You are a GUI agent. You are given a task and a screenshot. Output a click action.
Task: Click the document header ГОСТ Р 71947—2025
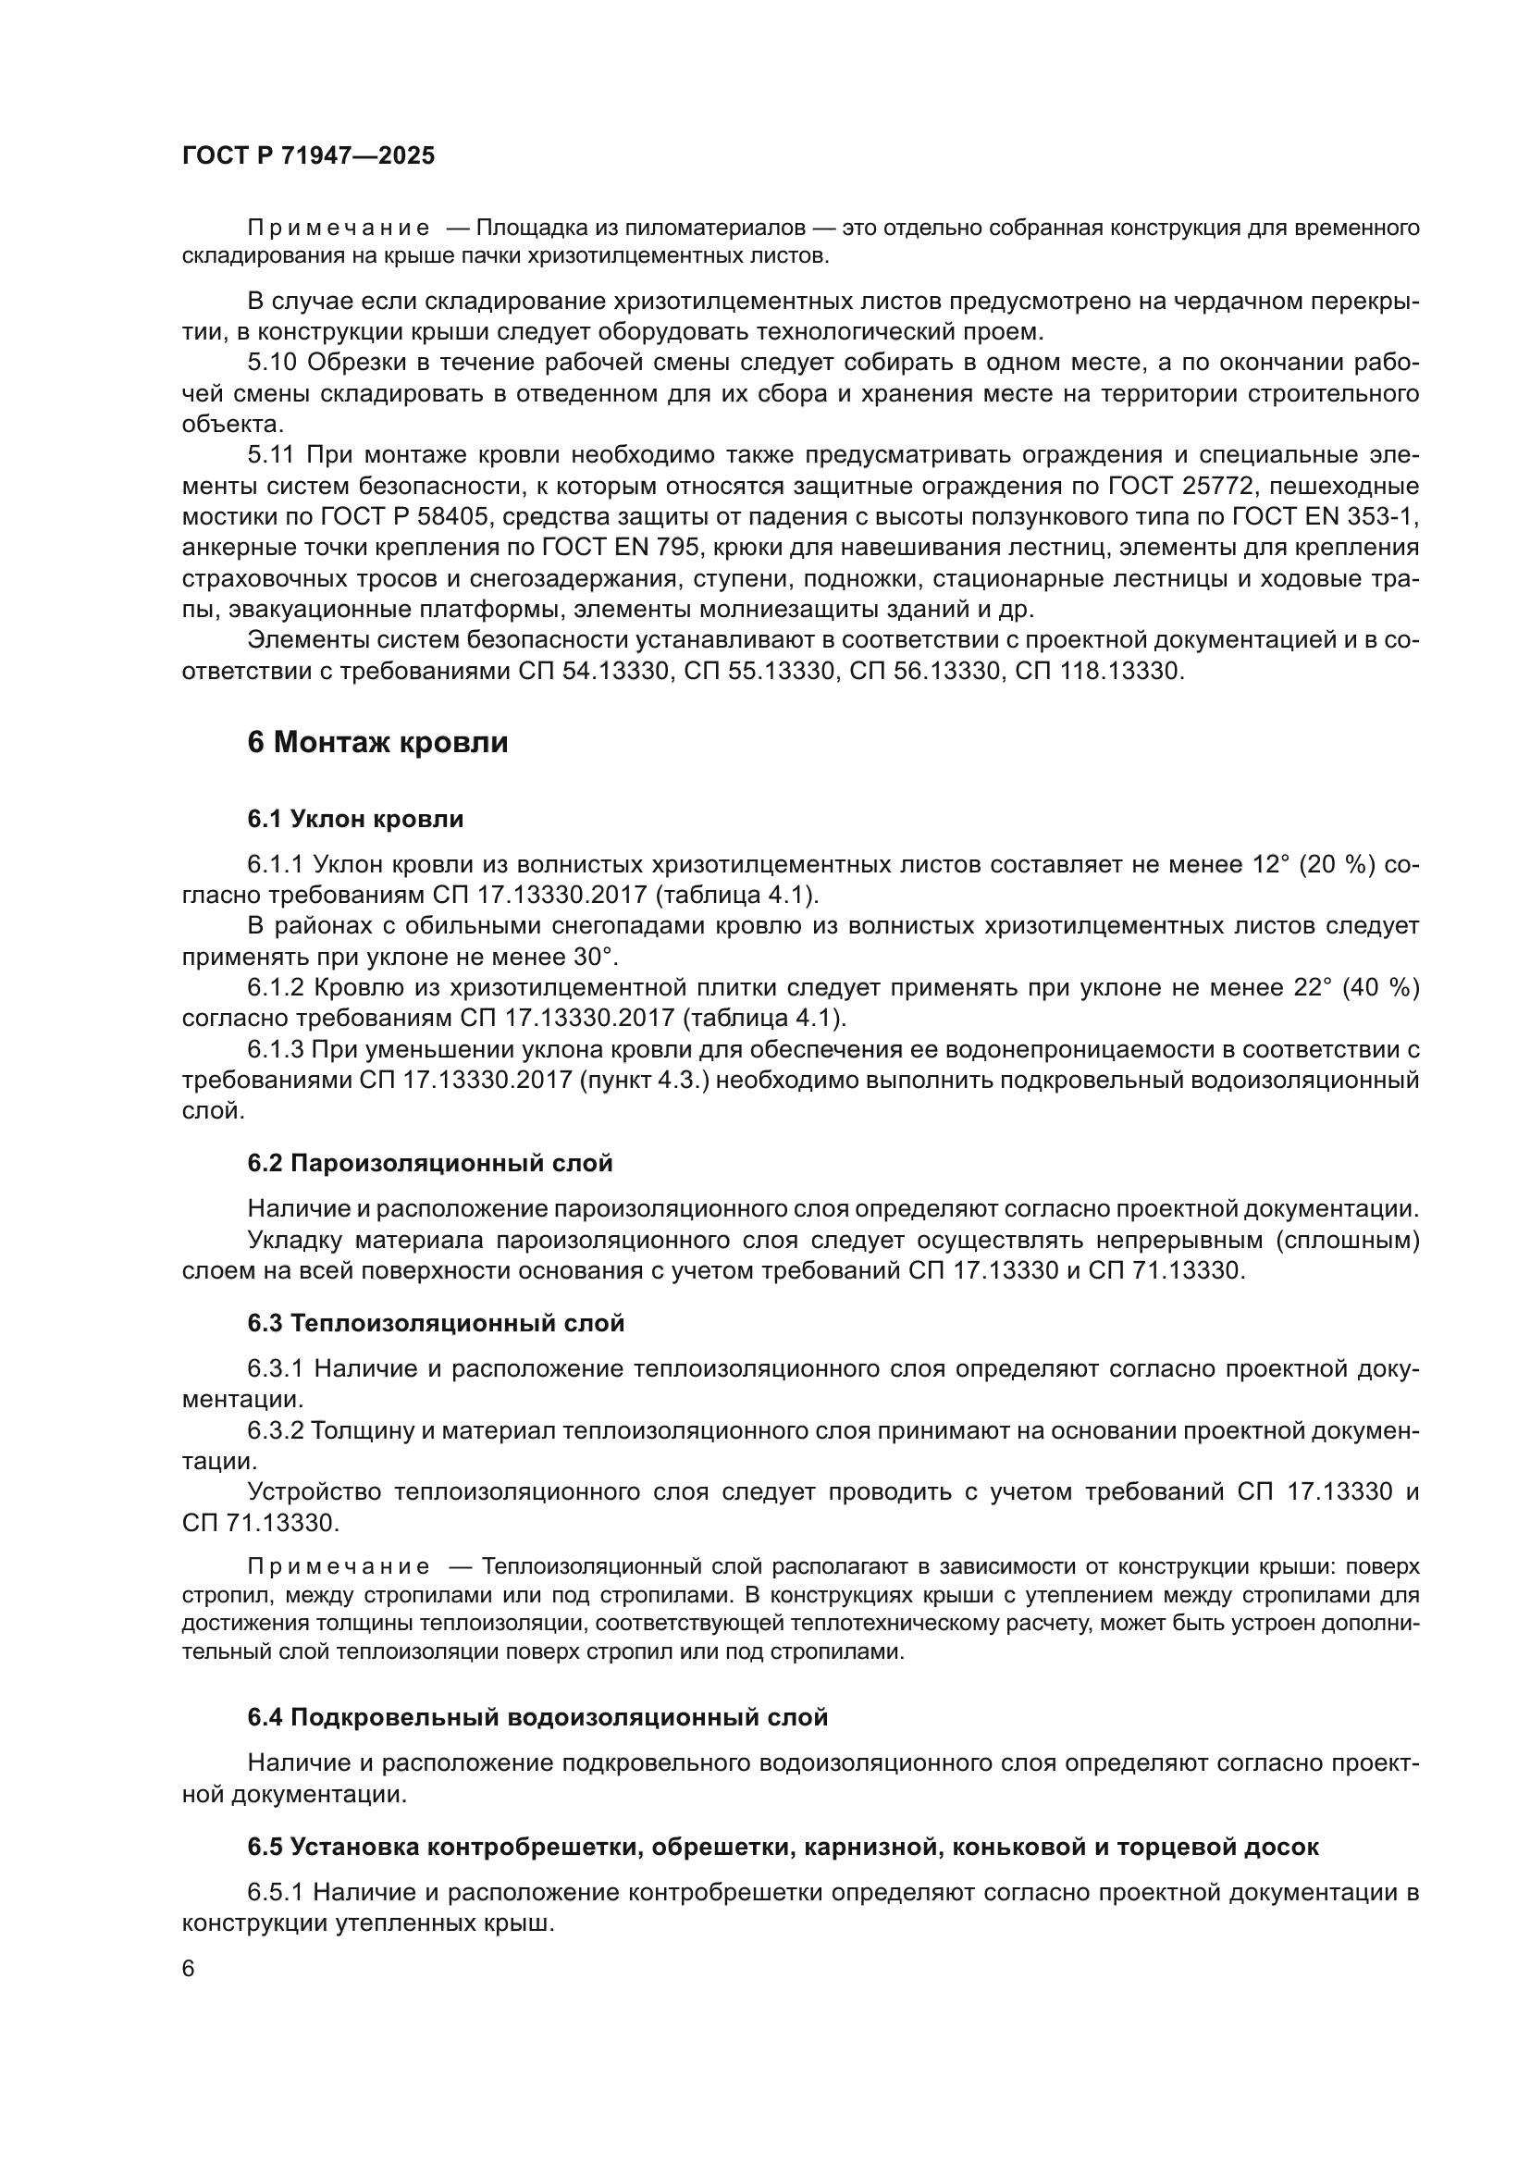click(308, 155)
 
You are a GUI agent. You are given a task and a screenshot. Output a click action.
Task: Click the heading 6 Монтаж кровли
click(376, 743)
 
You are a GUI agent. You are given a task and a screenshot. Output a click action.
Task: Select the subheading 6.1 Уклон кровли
click(355, 819)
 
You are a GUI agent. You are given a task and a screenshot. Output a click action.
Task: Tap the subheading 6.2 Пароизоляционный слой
click(429, 1163)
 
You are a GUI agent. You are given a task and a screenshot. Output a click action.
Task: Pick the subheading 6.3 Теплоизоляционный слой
click(436, 1323)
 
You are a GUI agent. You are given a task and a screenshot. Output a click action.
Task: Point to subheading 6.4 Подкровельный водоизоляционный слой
click(537, 1717)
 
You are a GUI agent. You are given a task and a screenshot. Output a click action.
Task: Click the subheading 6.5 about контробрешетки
click(782, 1848)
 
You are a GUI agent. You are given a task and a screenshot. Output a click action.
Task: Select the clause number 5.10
click(272, 363)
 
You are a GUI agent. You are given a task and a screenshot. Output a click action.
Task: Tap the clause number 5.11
click(271, 455)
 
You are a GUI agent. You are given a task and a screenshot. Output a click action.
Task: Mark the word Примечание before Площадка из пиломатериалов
click(339, 229)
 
